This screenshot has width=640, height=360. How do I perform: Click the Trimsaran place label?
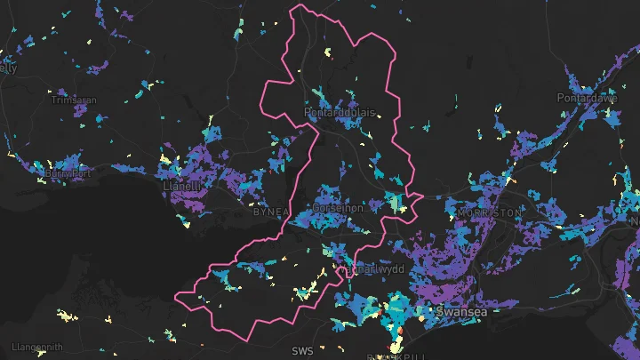pos(75,100)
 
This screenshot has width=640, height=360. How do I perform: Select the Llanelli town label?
pos(183,187)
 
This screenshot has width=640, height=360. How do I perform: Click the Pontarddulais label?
pos(340,115)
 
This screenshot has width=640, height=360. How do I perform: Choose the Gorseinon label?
pos(338,207)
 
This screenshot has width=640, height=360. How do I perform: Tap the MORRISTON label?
pos(490,213)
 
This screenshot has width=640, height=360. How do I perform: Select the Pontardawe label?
pos(587,98)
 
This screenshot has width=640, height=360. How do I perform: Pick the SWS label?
pos(302,351)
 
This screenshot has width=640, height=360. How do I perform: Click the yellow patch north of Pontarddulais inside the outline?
pos(327,53)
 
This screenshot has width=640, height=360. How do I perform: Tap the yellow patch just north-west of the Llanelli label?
pos(165,160)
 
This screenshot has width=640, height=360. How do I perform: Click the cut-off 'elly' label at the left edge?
pos(9,68)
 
